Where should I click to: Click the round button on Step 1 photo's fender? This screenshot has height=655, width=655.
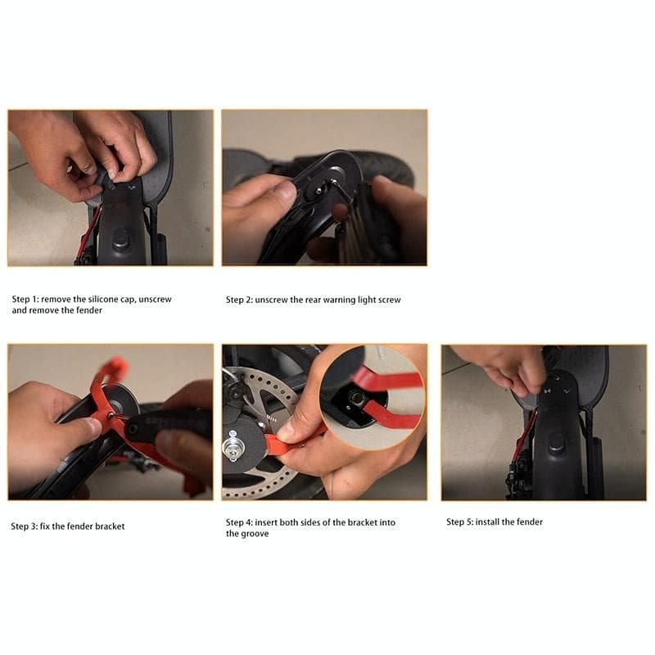[120, 238]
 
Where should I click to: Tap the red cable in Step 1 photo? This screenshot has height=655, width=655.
[93, 233]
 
